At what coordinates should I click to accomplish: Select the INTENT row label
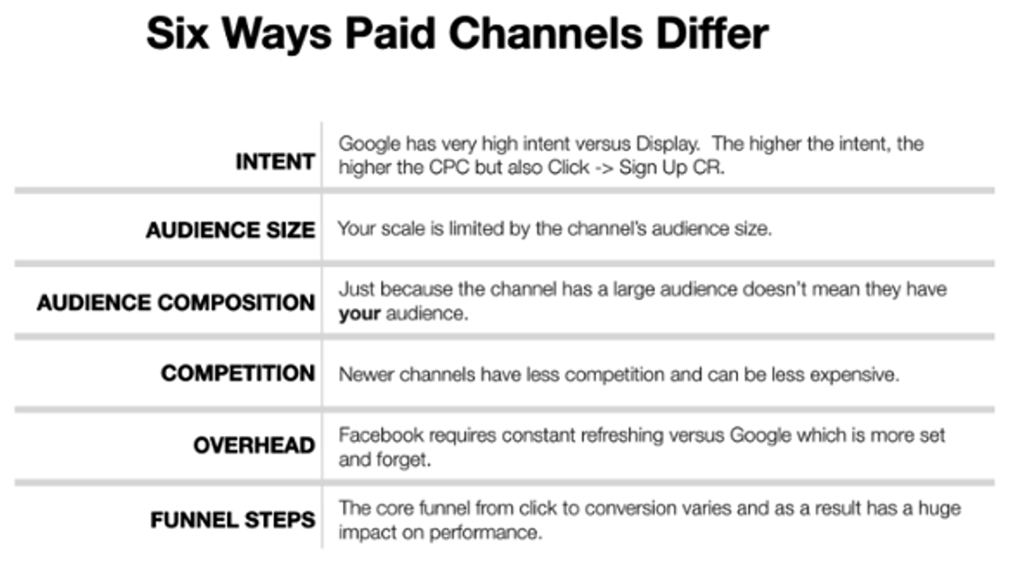(x=275, y=162)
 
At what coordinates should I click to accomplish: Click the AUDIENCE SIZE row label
(x=231, y=230)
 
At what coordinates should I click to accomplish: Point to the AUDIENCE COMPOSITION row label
(x=176, y=303)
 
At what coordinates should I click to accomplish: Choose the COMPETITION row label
(x=238, y=373)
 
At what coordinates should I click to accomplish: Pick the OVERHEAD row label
(x=254, y=445)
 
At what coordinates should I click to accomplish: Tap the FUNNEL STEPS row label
(x=233, y=520)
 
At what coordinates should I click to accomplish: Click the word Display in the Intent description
(x=667, y=144)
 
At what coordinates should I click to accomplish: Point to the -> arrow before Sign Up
(x=604, y=168)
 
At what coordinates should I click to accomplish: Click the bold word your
(x=359, y=314)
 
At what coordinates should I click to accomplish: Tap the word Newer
(x=366, y=375)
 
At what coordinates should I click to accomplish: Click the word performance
(x=485, y=533)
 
